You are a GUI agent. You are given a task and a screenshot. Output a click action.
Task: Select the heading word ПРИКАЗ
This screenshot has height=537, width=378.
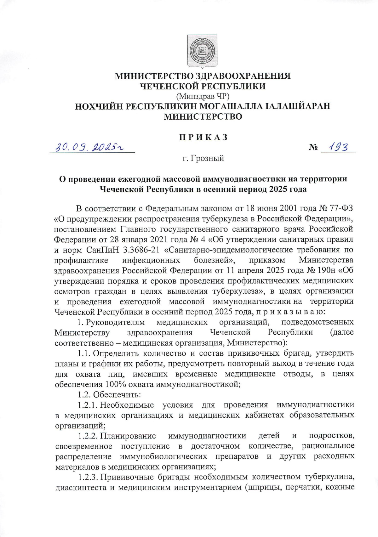pos(203,137)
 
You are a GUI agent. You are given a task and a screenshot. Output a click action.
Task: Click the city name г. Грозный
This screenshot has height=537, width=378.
pos(203,158)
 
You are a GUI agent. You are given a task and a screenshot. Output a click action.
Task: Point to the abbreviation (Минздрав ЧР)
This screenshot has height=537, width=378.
pos(203,96)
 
